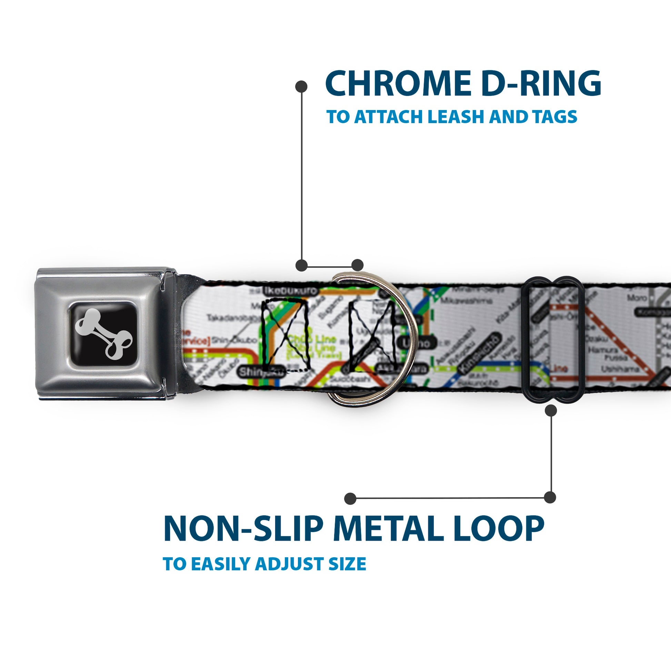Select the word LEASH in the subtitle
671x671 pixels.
[x=457, y=117]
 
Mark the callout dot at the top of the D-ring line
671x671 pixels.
[x=301, y=87]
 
